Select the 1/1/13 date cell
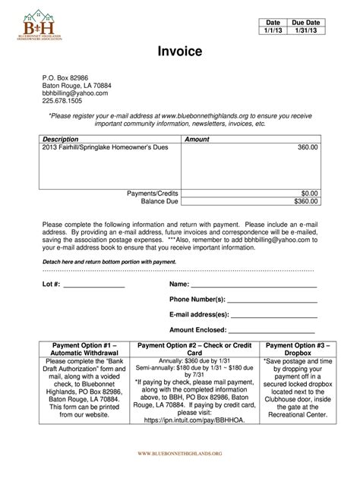pos(273,32)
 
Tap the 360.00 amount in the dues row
pos(308,149)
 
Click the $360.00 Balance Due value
pos(306,203)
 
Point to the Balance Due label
pos(159,203)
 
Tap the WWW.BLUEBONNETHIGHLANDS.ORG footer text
pos(179,452)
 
